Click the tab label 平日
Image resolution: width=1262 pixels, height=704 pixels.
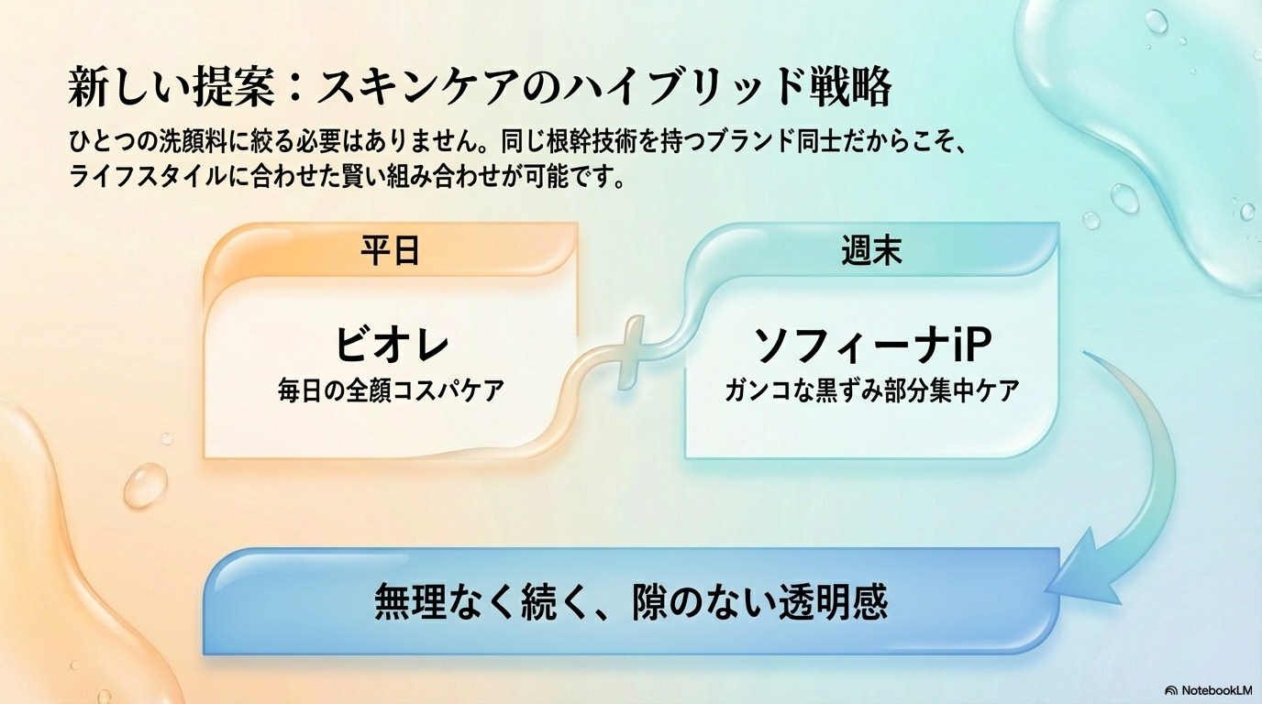390,249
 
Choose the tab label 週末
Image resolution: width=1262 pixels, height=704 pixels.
871,249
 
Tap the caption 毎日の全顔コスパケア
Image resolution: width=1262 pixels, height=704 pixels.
391,390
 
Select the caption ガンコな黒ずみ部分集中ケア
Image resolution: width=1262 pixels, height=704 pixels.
871,390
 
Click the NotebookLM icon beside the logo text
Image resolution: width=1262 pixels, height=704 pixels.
1171,689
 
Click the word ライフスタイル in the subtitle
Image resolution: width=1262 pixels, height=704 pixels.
147,175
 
